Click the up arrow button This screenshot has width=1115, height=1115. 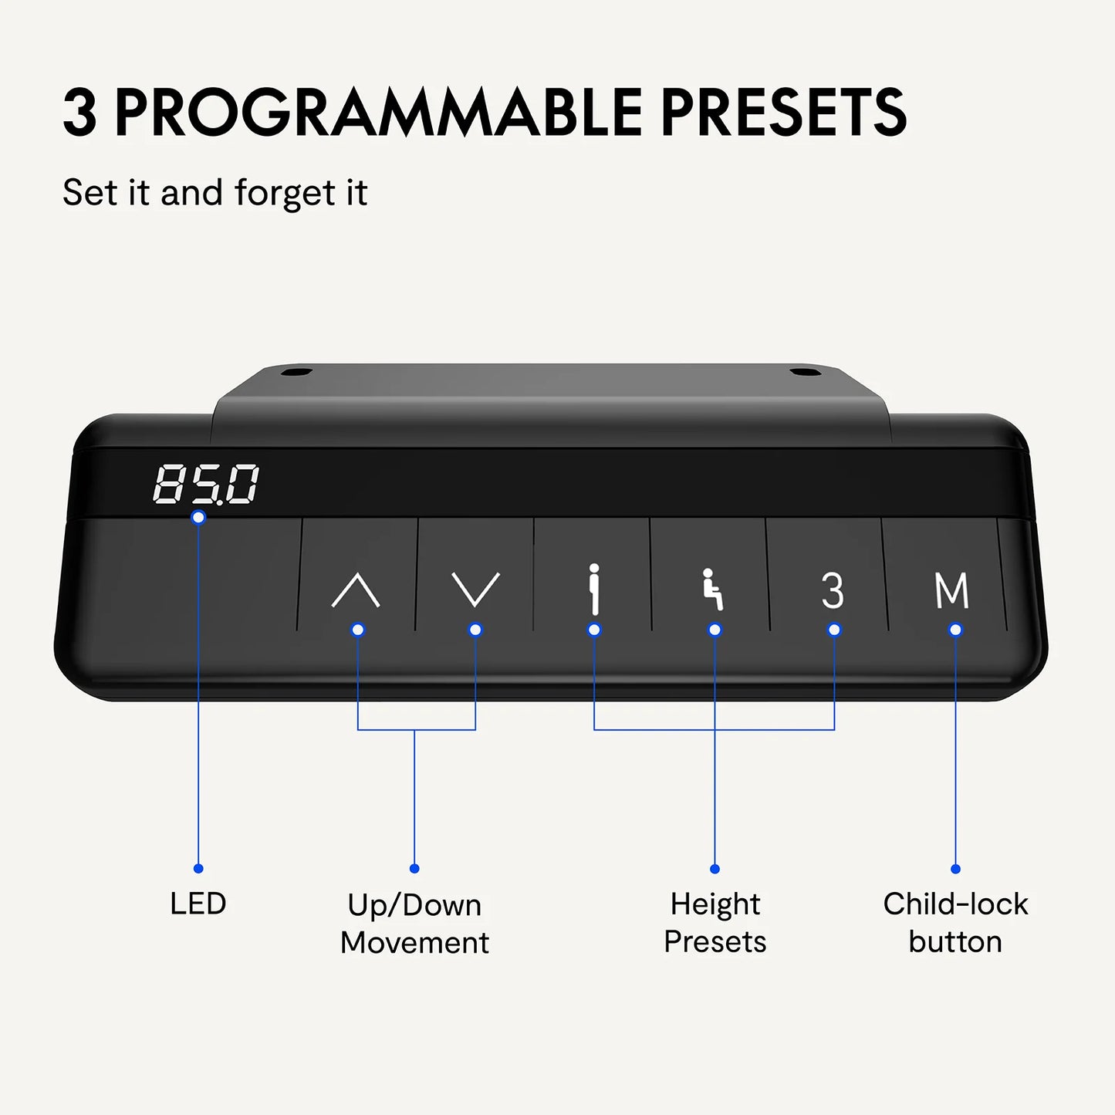point(355,590)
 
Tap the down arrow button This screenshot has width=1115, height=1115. point(475,590)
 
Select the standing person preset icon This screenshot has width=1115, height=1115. point(593,589)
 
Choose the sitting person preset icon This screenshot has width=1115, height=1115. point(712,589)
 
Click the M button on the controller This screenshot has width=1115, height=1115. point(952,590)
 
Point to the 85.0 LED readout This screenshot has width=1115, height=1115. point(205,484)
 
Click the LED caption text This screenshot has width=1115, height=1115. point(198,904)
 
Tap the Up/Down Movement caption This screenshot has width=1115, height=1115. point(414,924)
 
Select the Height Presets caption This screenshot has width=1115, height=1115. point(715,924)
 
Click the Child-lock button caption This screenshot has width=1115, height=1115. point(955,924)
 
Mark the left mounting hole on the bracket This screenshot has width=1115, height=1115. point(296,371)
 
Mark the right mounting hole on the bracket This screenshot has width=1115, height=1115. point(806,371)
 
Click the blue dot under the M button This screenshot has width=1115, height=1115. point(955,630)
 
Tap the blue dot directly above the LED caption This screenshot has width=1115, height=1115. point(198,868)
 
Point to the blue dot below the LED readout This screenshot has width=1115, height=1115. point(198,517)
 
